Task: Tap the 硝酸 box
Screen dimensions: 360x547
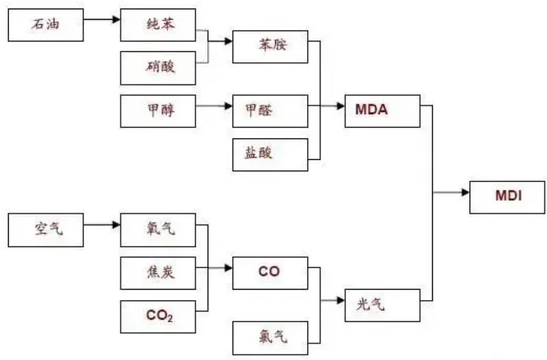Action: click(x=158, y=67)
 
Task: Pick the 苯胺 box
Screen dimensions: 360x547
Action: click(x=269, y=46)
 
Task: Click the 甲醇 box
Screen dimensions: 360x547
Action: click(x=158, y=111)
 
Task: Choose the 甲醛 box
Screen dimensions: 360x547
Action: click(x=269, y=111)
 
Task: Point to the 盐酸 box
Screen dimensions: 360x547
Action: click(x=269, y=154)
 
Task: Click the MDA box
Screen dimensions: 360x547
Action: click(x=382, y=111)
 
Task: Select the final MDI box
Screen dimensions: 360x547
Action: click(x=507, y=197)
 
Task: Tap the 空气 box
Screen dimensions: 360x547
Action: click(x=46, y=230)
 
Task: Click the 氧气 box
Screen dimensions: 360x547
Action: click(x=158, y=230)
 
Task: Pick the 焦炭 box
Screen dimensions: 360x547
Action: click(x=158, y=273)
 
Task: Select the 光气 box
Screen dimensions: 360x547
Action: click(x=382, y=304)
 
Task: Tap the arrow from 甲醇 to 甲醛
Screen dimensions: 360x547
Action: click(x=213, y=106)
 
